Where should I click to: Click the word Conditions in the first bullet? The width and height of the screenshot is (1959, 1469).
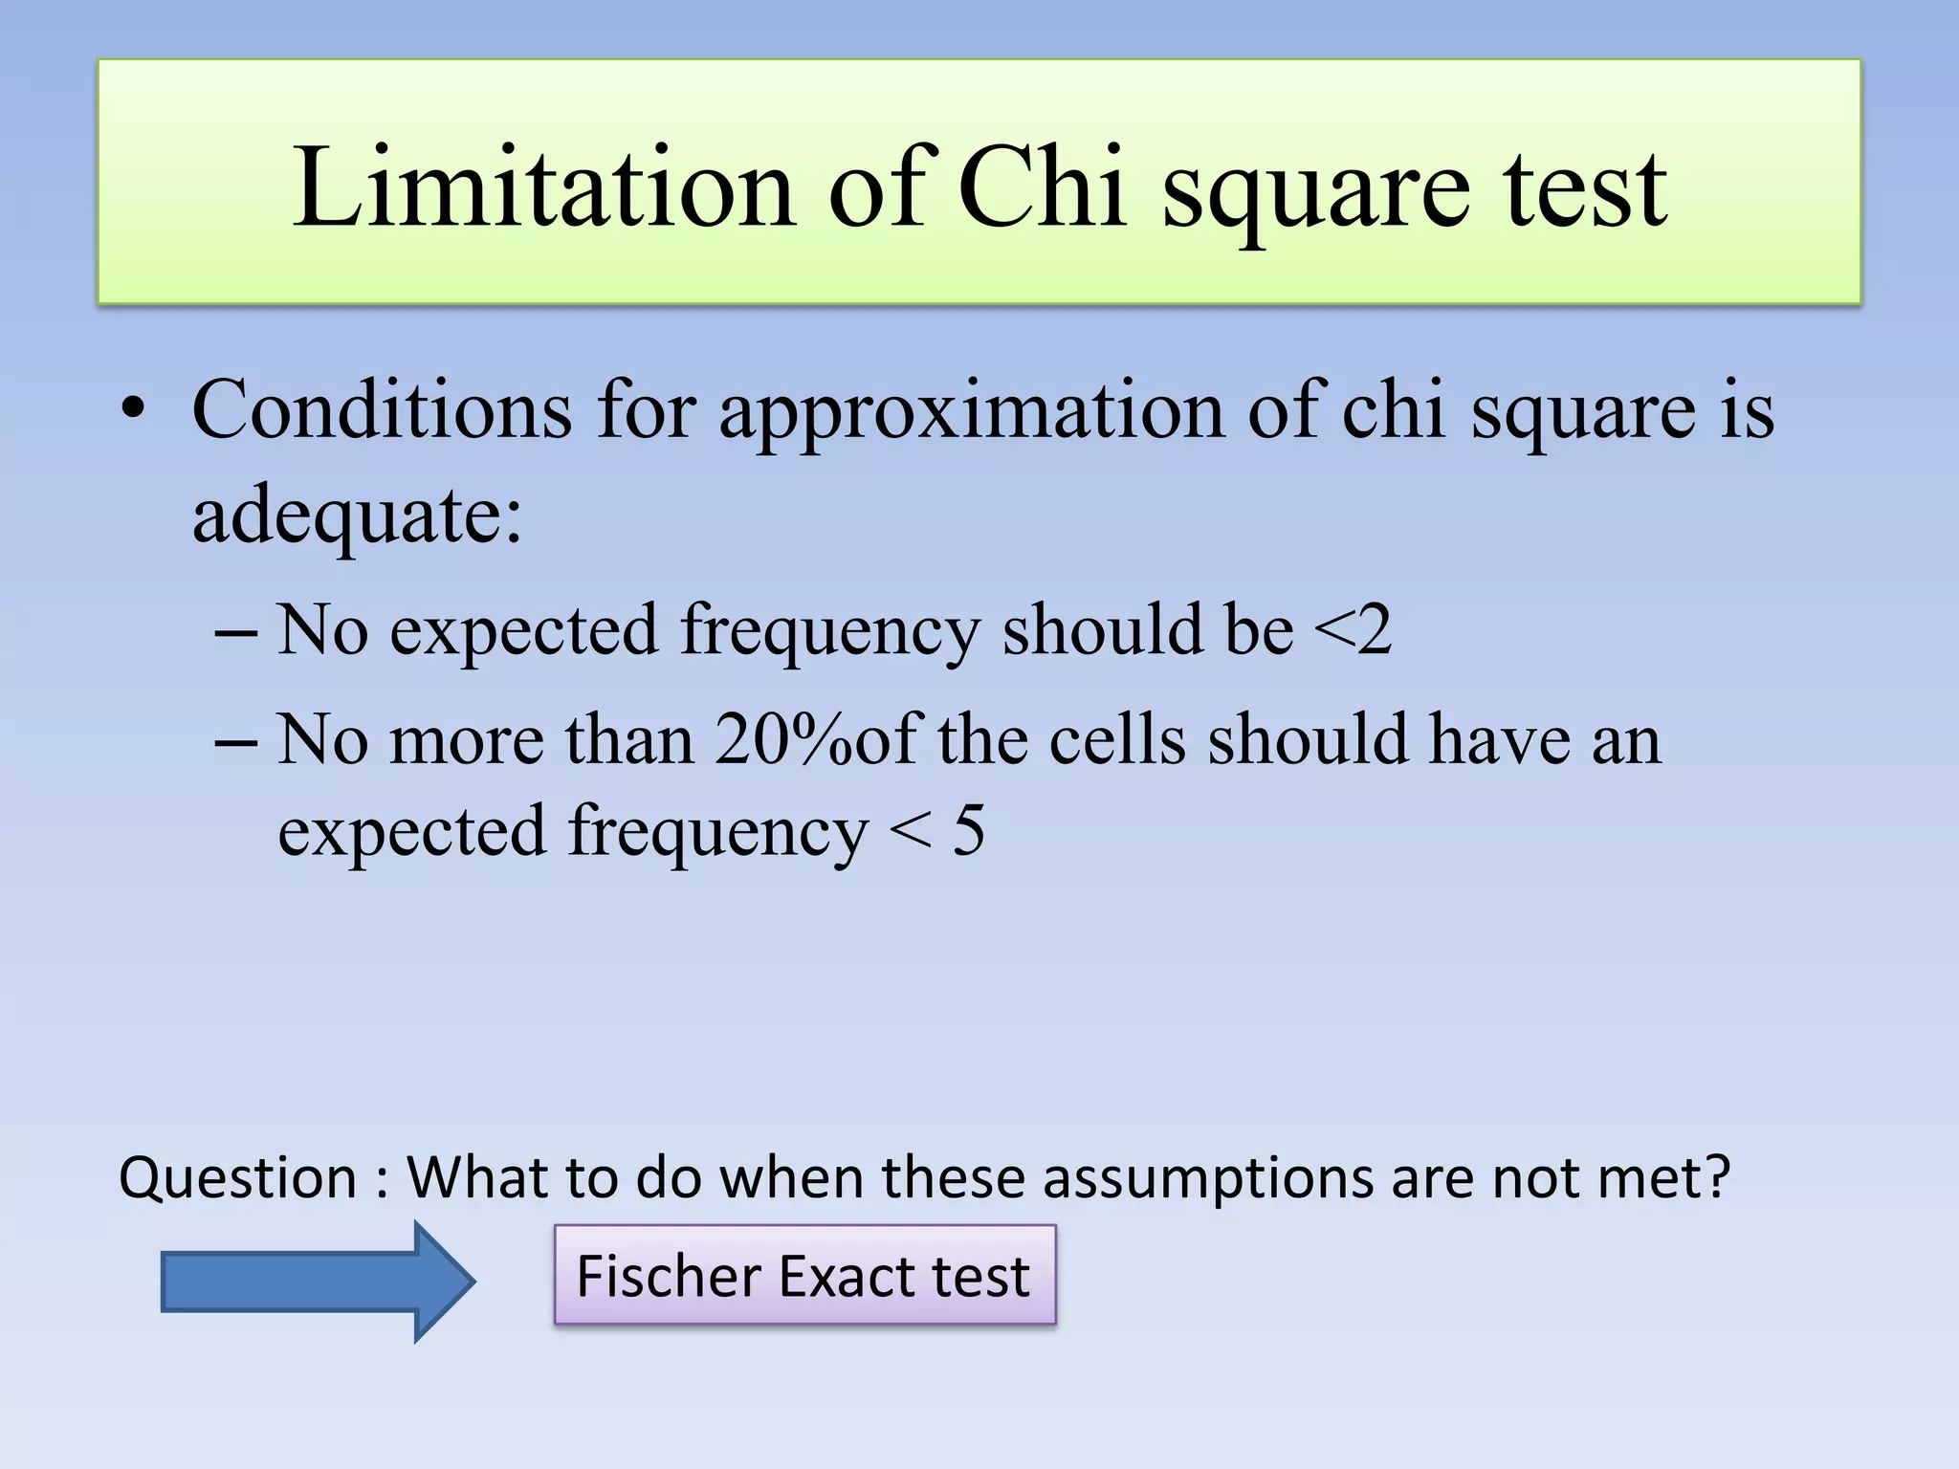382,409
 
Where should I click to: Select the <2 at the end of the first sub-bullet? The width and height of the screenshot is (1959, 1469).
1353,630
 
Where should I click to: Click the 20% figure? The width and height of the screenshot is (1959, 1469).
782,739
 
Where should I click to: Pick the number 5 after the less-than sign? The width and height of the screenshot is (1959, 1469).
968,830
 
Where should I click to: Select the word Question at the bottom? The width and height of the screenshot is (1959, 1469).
237,1177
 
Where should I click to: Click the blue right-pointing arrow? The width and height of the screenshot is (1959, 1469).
318,1281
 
